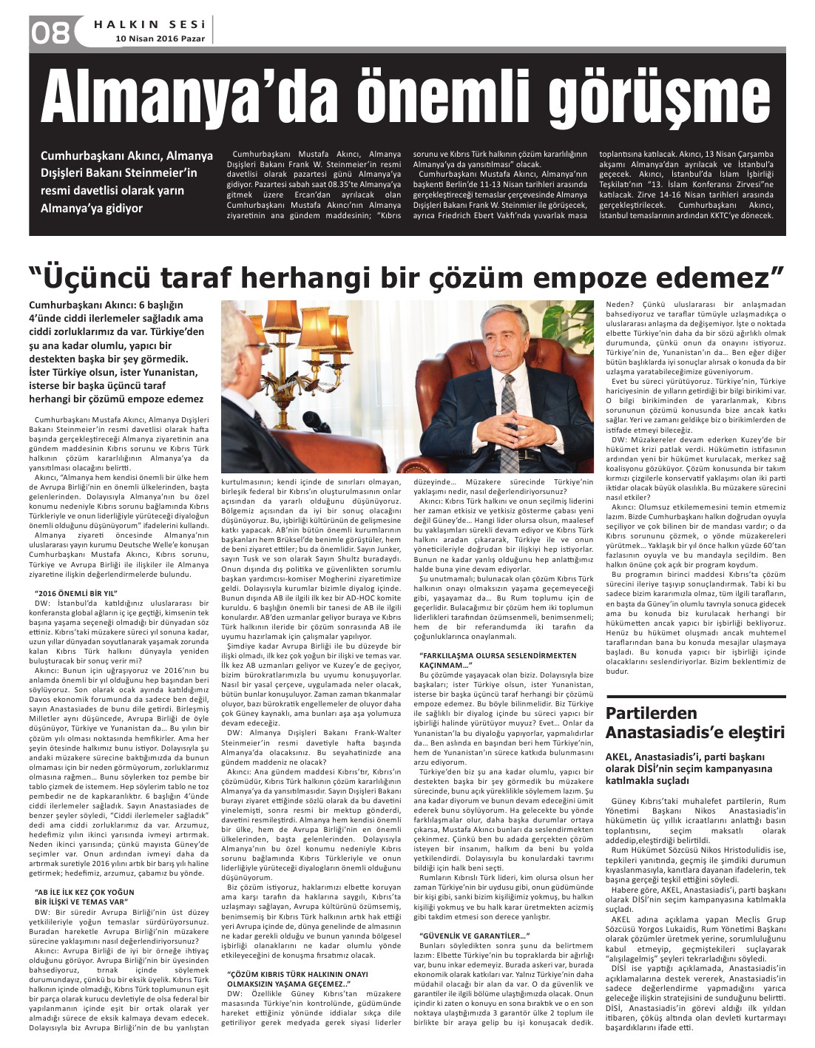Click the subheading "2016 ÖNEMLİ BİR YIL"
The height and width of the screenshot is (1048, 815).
[76, 593]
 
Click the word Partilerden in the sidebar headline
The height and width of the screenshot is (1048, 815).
[652, 713]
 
